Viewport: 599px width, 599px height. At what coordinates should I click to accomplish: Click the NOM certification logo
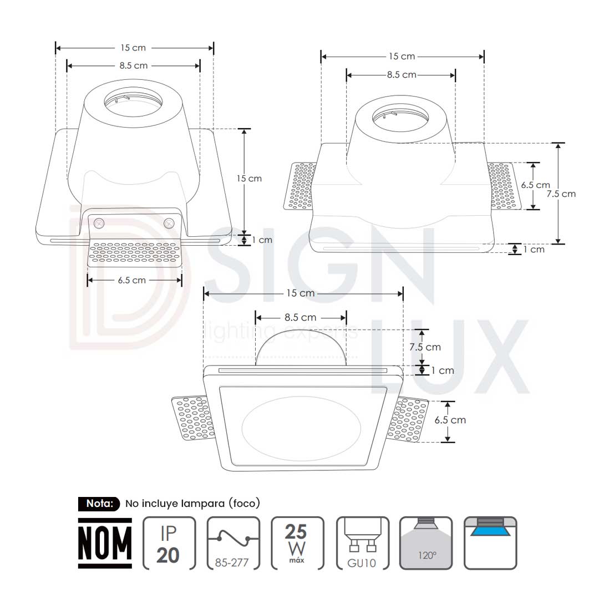pos(105,543)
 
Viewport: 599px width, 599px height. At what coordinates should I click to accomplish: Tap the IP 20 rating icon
pos(169,543)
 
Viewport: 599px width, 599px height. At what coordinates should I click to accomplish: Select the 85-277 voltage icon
pos(233,543)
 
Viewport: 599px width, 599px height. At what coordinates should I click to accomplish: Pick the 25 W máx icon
pos(297,543)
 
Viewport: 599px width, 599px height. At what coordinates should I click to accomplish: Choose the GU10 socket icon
pos(363,543)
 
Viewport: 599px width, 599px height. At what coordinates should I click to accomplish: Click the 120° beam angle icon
pos(426,543)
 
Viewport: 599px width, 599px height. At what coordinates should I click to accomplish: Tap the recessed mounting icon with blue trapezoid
pos(490,543)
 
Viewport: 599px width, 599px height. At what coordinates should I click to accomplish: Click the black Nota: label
pos(99,504)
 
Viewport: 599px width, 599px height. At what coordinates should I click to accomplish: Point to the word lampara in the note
pos(202,504)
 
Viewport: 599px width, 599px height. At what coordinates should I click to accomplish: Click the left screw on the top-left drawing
pos(99,223)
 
